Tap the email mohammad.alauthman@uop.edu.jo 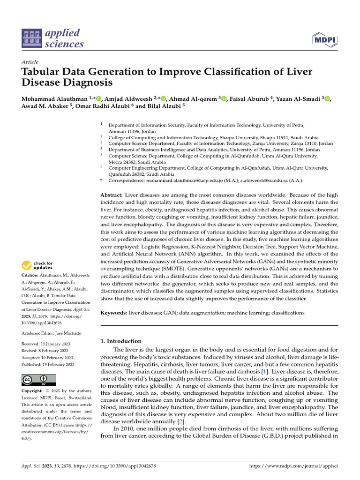[x=184, y=180]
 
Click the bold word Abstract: [x=112, y=195]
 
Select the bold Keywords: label [x=114, y=312]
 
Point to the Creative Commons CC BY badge [x=38, y=380]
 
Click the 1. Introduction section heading [x=121, y=341]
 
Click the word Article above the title [x=30, y=62]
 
